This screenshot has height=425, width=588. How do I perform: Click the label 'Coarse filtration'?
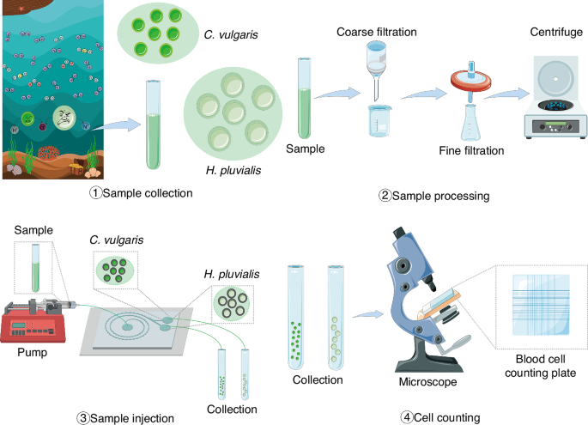tap(379, 33)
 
